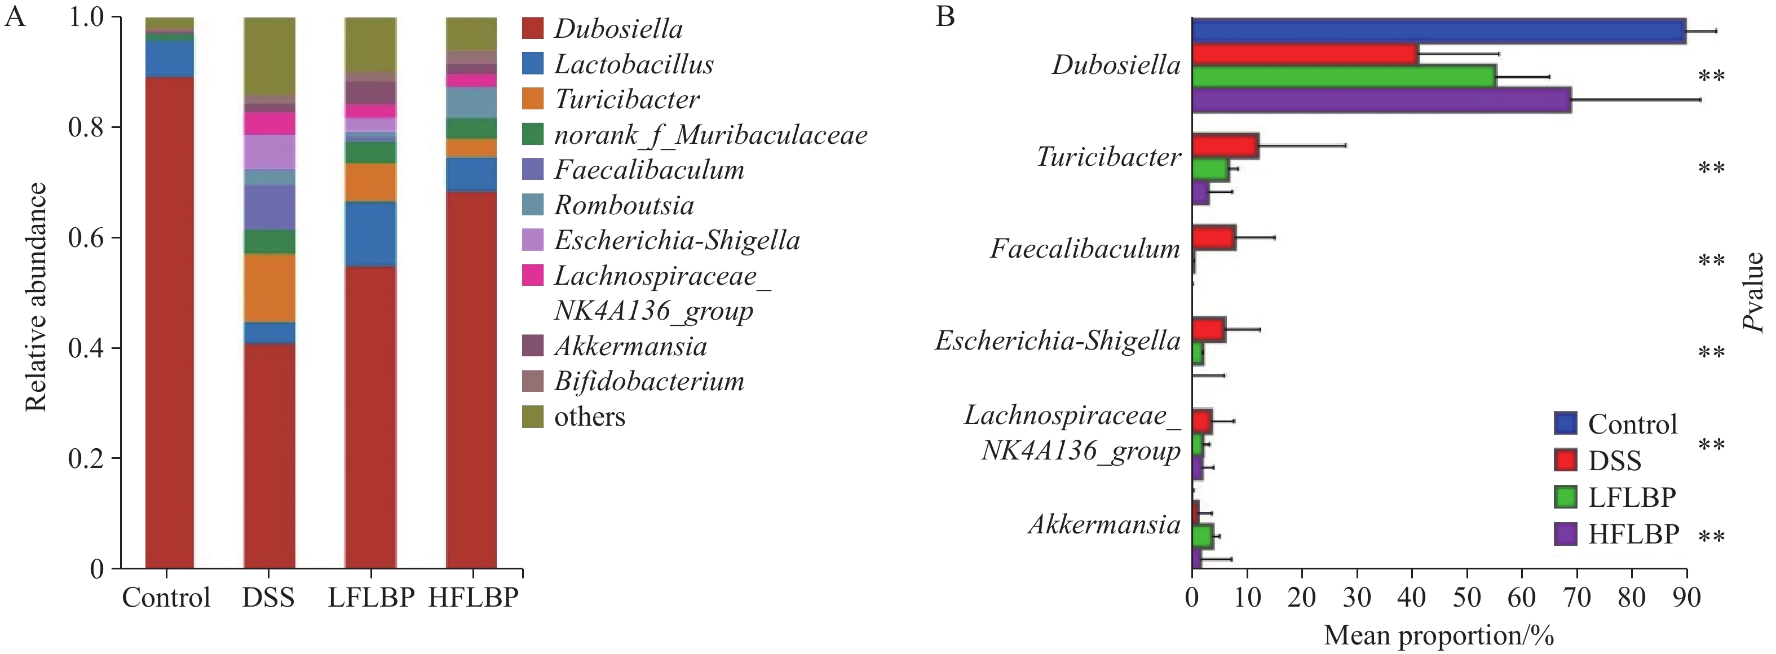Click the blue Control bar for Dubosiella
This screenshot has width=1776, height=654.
coord(1438,31)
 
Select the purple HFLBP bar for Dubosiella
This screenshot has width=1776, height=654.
coord(1381,100)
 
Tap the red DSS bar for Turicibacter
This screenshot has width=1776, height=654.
coord(1225,146)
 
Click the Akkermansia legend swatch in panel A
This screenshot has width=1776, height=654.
coord(533,346)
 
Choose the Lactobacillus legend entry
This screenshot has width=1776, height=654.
coord(633,64)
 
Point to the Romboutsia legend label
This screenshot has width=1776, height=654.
coord(624,205)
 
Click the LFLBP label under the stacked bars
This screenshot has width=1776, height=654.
coord(371,597)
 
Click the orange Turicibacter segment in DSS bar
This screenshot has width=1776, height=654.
coord(270,288)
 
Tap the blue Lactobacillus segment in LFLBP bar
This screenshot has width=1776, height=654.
coord(371,235)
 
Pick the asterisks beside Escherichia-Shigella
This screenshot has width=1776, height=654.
coord(1711,353)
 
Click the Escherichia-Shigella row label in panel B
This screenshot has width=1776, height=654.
coord(1058,341)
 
